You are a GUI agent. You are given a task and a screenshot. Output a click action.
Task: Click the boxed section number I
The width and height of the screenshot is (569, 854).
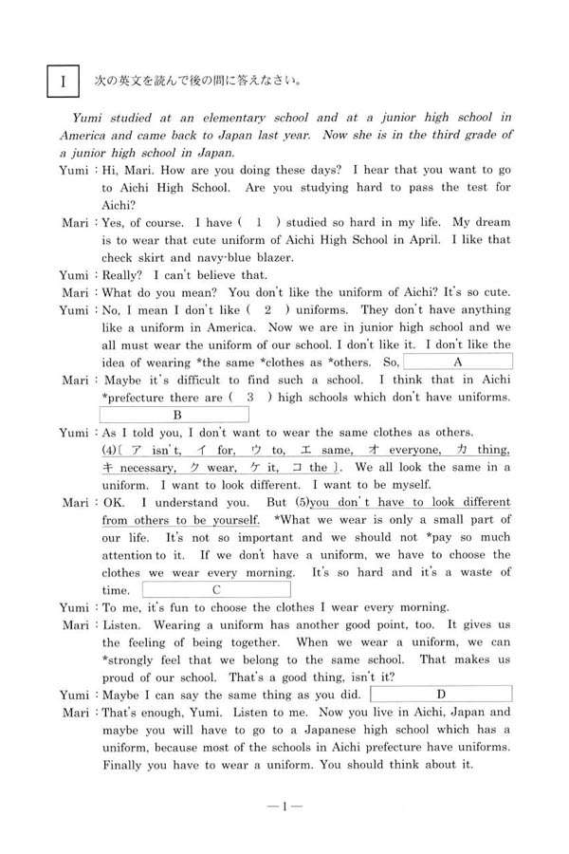64,83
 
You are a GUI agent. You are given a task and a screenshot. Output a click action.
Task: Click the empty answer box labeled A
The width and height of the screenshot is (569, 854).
458,362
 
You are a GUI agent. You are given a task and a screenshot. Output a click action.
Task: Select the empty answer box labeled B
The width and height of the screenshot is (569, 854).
175,415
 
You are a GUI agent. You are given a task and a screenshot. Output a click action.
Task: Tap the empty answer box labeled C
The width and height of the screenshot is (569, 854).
216,589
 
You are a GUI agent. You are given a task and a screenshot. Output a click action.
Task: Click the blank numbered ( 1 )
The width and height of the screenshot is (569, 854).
258,222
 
